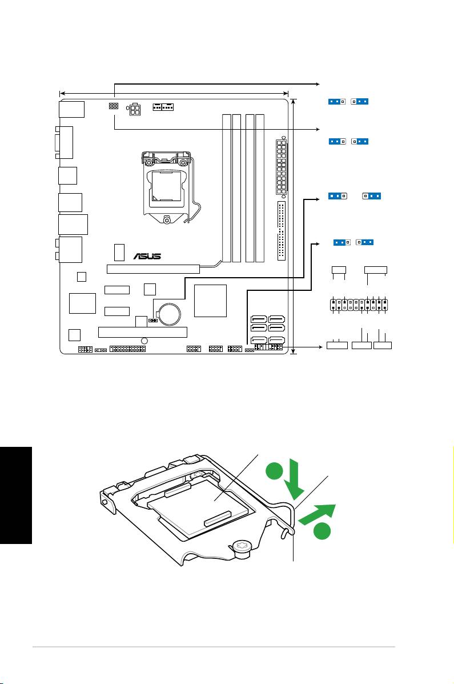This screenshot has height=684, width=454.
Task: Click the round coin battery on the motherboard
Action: click(x=169, y=314)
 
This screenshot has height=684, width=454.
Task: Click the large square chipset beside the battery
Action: click(x=210, y=301)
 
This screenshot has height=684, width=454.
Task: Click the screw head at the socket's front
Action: click(x=242, y=549)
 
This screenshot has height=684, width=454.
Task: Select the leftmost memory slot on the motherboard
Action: click(x=227, y=187)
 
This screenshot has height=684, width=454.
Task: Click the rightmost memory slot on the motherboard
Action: click(x=260, y=187)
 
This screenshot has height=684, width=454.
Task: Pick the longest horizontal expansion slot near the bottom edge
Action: click(x=143, y=332)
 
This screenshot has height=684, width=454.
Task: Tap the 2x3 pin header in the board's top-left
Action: click(x=113, y=106)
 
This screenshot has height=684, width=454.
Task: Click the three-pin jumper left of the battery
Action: click(x=153, y=320)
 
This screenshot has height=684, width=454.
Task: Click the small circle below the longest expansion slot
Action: click(x=144, y=341)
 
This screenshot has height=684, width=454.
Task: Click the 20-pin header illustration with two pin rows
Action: click(x=359, y=305)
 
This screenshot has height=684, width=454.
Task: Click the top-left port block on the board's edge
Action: click(x=71, y=109)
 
